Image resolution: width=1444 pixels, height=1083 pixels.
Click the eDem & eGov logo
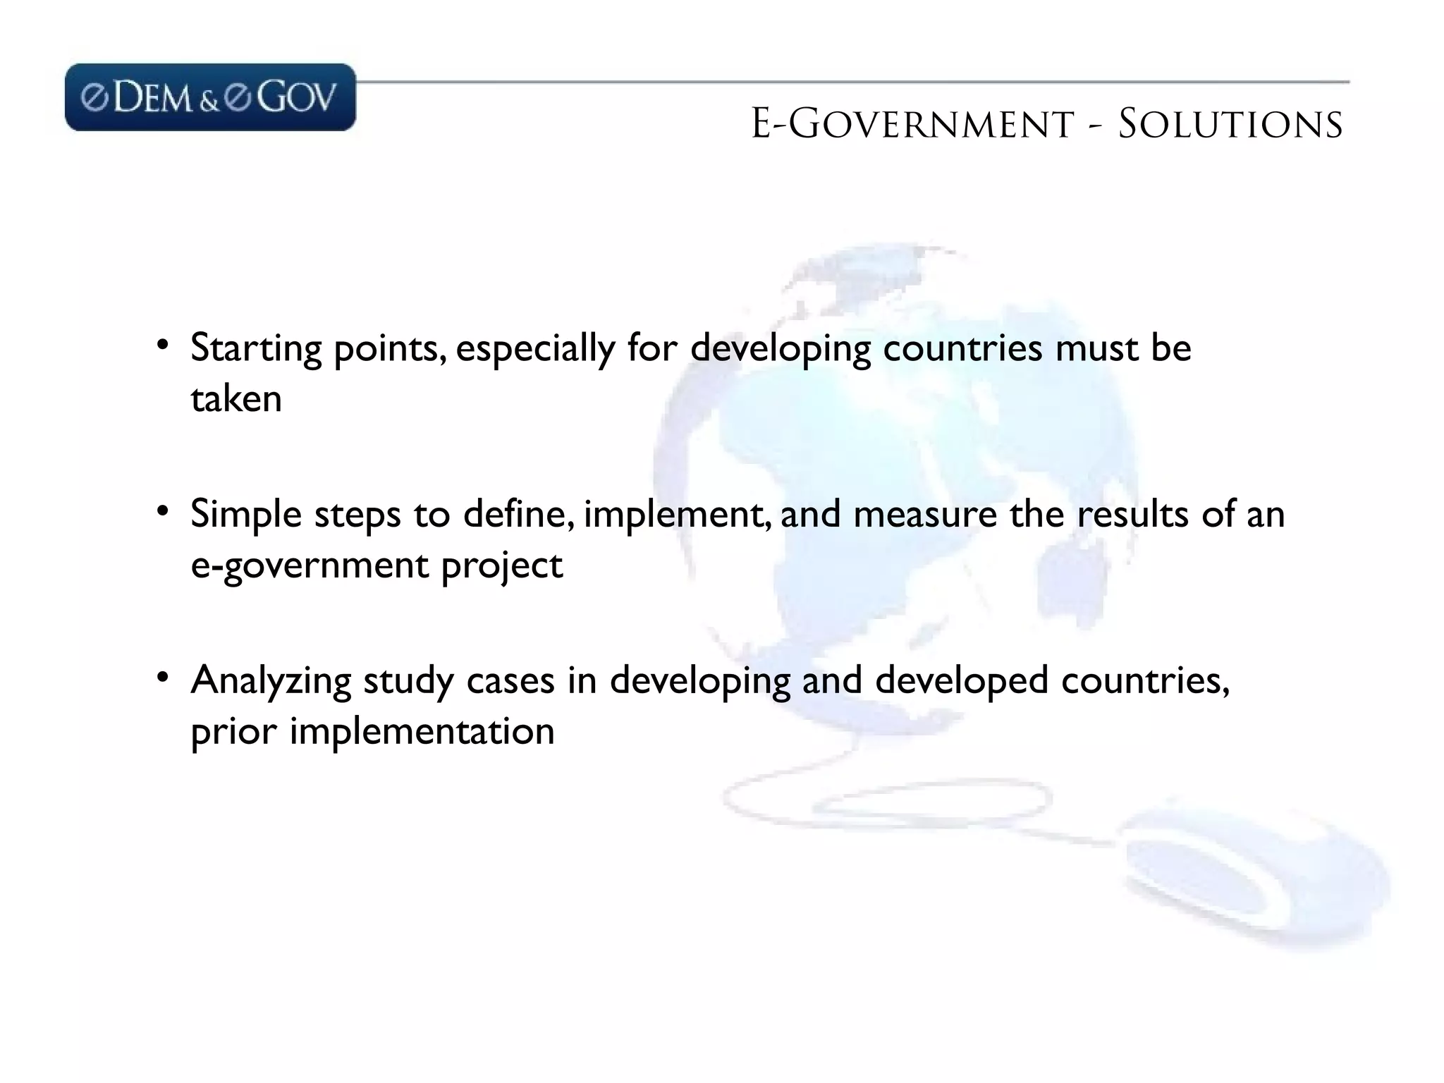point(210,97)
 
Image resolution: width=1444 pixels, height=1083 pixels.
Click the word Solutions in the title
point(1230,125)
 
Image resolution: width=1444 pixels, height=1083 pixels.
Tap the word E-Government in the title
point(912,125)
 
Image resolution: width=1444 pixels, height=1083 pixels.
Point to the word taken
point(236,399)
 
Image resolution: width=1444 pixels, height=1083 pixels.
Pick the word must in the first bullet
point(1096,348)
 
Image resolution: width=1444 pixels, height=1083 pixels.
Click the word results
point(1132,514)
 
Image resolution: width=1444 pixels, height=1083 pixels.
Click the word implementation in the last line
point(422,732)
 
